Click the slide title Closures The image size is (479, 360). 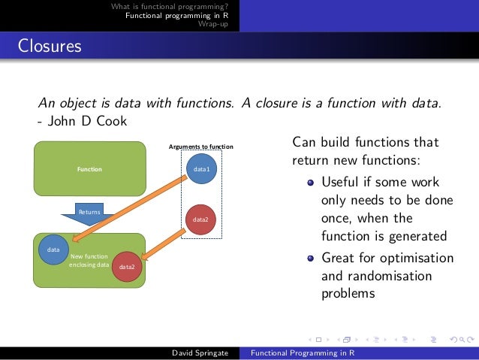click(x=50, y=47)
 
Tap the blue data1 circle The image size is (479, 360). click(x=202, y=169)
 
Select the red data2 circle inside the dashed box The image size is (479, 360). click(x=201, y=219)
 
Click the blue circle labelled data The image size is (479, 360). click(x=53, y=249)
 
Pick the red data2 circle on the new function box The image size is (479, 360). click(x=127, y=266)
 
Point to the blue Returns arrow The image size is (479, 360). click(x=89, y=213)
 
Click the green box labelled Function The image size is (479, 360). click(x=89, y=169)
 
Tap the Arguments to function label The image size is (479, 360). click(x=201, y=146)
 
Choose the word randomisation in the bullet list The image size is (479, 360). click(x=388, y=276)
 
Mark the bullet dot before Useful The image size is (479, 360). click(x=310, y=183)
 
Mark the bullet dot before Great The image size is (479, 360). click(x=310, y=259)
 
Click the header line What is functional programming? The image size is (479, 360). click(x=170, y=7)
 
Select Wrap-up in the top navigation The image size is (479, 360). click(x=213, y=24)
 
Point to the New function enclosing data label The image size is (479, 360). click(x=89, y=261)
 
